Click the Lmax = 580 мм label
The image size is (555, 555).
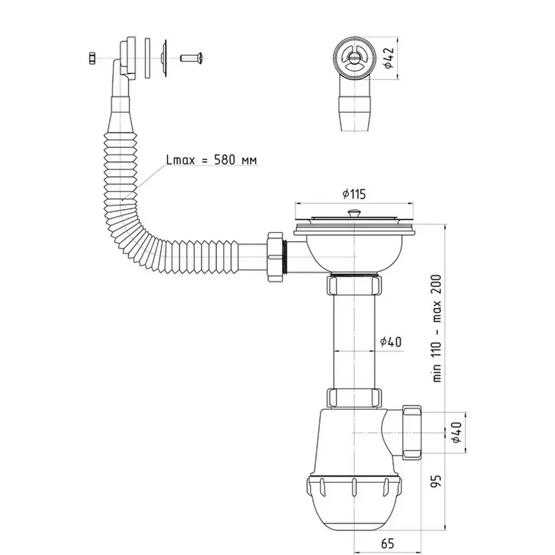[x=212, y=160]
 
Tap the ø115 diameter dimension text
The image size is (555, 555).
[x=354, y=194]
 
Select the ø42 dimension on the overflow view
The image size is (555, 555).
[x=388, y=58]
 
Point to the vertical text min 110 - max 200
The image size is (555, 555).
[x=437, y=328]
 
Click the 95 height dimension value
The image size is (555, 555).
[x=437, y=481]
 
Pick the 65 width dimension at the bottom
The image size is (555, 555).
[x=387, y=543]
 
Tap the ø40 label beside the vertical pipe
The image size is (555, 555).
[x=391, y=342]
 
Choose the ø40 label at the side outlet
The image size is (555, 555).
[x=456, y=432]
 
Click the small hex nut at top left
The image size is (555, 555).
[x=92, y=58]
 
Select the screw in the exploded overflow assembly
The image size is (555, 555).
[x=192, y=57]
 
